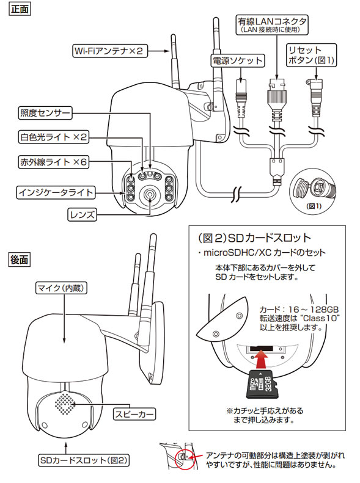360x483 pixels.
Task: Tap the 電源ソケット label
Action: tap(238, 61)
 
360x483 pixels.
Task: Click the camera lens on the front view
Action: tap(149, 195)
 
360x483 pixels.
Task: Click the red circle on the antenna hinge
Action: tap(182, 456)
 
